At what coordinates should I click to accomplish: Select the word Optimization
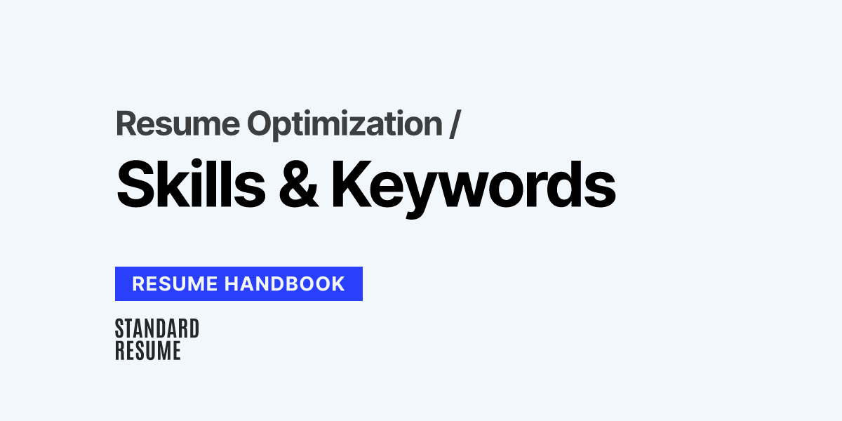(x=344, y=123)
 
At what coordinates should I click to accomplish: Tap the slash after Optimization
(x=455, y=123)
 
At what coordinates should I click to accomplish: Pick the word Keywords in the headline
(x=474, y=185)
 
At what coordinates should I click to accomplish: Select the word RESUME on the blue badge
(x=176, y=283)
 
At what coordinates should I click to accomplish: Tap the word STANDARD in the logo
(x=156, y=328)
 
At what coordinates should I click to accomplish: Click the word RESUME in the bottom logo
(x=147, y=350)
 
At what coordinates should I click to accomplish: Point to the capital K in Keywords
(x=350, y=185)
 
